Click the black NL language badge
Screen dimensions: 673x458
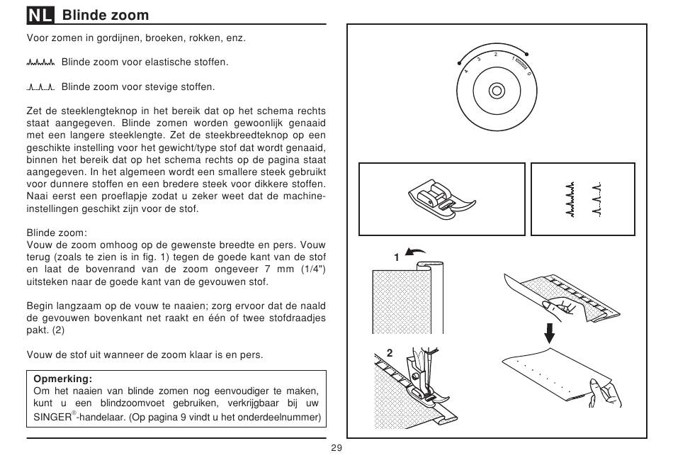40,15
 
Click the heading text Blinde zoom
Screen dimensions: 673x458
106,15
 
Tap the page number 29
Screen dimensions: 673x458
336,448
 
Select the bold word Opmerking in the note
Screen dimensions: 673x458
62,379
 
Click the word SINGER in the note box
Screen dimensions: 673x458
52,417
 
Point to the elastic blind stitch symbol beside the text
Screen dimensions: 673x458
41,62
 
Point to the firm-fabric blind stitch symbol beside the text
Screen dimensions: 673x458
41,88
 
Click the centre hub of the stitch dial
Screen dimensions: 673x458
497,91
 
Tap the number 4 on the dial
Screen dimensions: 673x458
466,72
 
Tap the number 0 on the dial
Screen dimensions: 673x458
528,74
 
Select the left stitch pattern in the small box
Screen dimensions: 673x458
570,199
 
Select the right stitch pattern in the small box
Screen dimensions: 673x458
596,199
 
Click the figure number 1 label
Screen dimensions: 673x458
397,258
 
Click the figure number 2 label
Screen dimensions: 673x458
390,353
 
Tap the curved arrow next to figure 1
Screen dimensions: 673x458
415,252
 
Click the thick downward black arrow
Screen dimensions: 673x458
549,333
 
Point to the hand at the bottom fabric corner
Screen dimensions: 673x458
605,393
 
